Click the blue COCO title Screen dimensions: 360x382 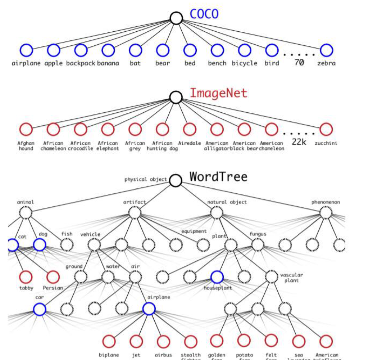click(204, 14)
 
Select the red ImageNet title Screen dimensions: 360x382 click(218, 93)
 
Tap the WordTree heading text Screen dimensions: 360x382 click(218, 177)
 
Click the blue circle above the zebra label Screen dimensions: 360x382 click(326, 50)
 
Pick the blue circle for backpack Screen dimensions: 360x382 click(81, 50)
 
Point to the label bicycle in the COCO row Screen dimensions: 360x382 click(244, 63)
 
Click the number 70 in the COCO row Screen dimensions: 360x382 click(299, 63)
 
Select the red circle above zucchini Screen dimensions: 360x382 click(326, 129)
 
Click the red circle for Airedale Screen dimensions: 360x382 click(190, 129)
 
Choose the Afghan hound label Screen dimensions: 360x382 click(26, 146)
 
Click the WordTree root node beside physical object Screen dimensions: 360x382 click(176, 180)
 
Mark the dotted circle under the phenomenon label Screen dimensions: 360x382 click(326, 213)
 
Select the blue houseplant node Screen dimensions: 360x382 click(217, 277)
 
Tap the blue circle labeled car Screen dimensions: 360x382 click(40, 309)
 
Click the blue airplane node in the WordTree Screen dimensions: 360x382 click(149, 309)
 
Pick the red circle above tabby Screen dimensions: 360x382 click(26, 277)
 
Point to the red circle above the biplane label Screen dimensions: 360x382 click(109, 341)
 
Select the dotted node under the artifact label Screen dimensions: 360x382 click(135, 213)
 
